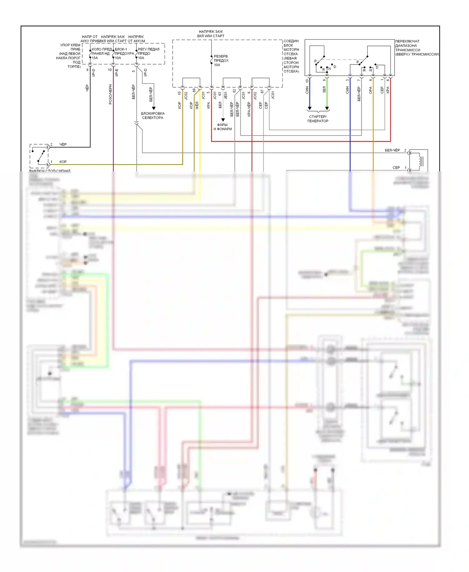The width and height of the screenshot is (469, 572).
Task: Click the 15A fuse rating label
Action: (x=95, y=58)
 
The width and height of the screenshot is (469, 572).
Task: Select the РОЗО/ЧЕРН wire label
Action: (x=110, y=94)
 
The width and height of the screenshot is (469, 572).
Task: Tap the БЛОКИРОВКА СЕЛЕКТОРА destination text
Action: (x=153, y=116)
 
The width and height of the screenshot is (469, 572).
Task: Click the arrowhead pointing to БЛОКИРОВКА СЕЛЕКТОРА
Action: (x=154, y=108)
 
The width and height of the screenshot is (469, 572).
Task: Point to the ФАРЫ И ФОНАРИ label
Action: (x=223, y=127)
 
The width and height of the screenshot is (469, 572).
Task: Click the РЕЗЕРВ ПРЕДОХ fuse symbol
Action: (x=211, y=59)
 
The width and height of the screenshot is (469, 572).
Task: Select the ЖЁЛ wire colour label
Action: (x=197, y=105)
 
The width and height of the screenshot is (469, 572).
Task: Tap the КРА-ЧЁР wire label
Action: (x=249, y=109)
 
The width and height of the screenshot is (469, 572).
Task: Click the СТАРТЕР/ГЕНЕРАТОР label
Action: (x=318, y=119)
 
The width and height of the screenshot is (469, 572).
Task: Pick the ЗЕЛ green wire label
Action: (x=324, y=90)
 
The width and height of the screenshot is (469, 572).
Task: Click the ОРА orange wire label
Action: (x=371, y=90)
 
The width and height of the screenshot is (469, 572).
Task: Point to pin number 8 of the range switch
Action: (x=388, y=80)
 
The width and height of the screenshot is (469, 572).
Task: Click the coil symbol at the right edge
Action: (x=421, y=161)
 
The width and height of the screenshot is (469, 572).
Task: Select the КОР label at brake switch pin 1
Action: (x=63, y=162)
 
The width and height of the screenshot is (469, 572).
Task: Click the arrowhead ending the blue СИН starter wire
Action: (x=310, y=108)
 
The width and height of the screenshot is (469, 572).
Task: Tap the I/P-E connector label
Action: (x=117, y=73)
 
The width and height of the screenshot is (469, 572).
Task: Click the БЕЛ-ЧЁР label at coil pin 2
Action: (x=392, y=150)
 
